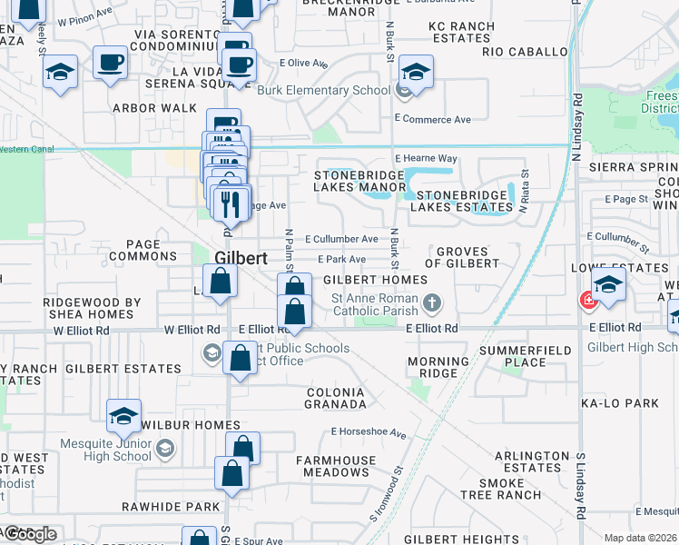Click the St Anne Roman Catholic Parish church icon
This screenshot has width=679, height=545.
[434, 302]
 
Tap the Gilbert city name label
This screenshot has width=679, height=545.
[241, 258]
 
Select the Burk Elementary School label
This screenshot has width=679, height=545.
[323, 90]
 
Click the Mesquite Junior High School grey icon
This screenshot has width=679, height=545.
[165, 447]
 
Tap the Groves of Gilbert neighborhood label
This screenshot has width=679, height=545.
[467, 257]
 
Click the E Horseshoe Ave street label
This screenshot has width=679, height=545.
[368, 432]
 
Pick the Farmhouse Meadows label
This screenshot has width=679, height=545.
[332, 466]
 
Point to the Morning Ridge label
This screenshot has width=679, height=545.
[438, 367]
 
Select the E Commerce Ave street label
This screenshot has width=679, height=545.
[433, 119]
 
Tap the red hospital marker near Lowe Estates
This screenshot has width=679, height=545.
[588, 300]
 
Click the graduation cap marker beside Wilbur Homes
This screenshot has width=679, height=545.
[123, 417]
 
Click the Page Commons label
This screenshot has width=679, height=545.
[143, 250]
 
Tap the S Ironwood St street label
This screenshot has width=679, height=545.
[385, 495]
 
